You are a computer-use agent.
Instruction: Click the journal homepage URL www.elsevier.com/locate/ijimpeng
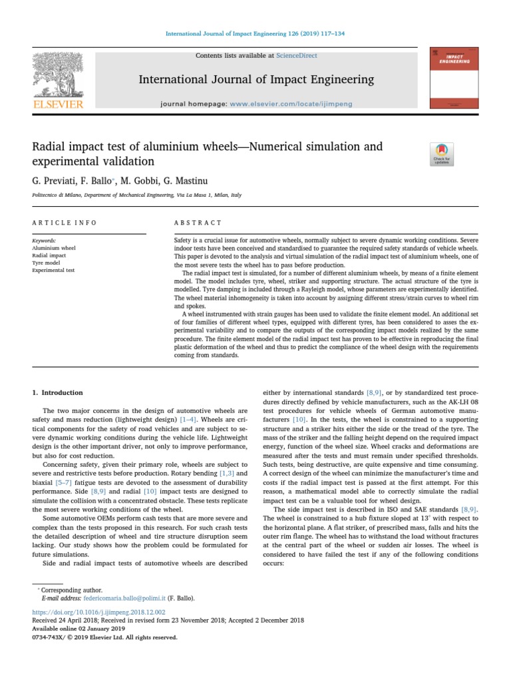tap(291, 104)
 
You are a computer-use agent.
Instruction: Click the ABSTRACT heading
tap(198, 223)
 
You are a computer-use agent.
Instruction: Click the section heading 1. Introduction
tap(58, 393)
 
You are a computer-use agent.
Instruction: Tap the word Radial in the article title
tap(48, 146)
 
